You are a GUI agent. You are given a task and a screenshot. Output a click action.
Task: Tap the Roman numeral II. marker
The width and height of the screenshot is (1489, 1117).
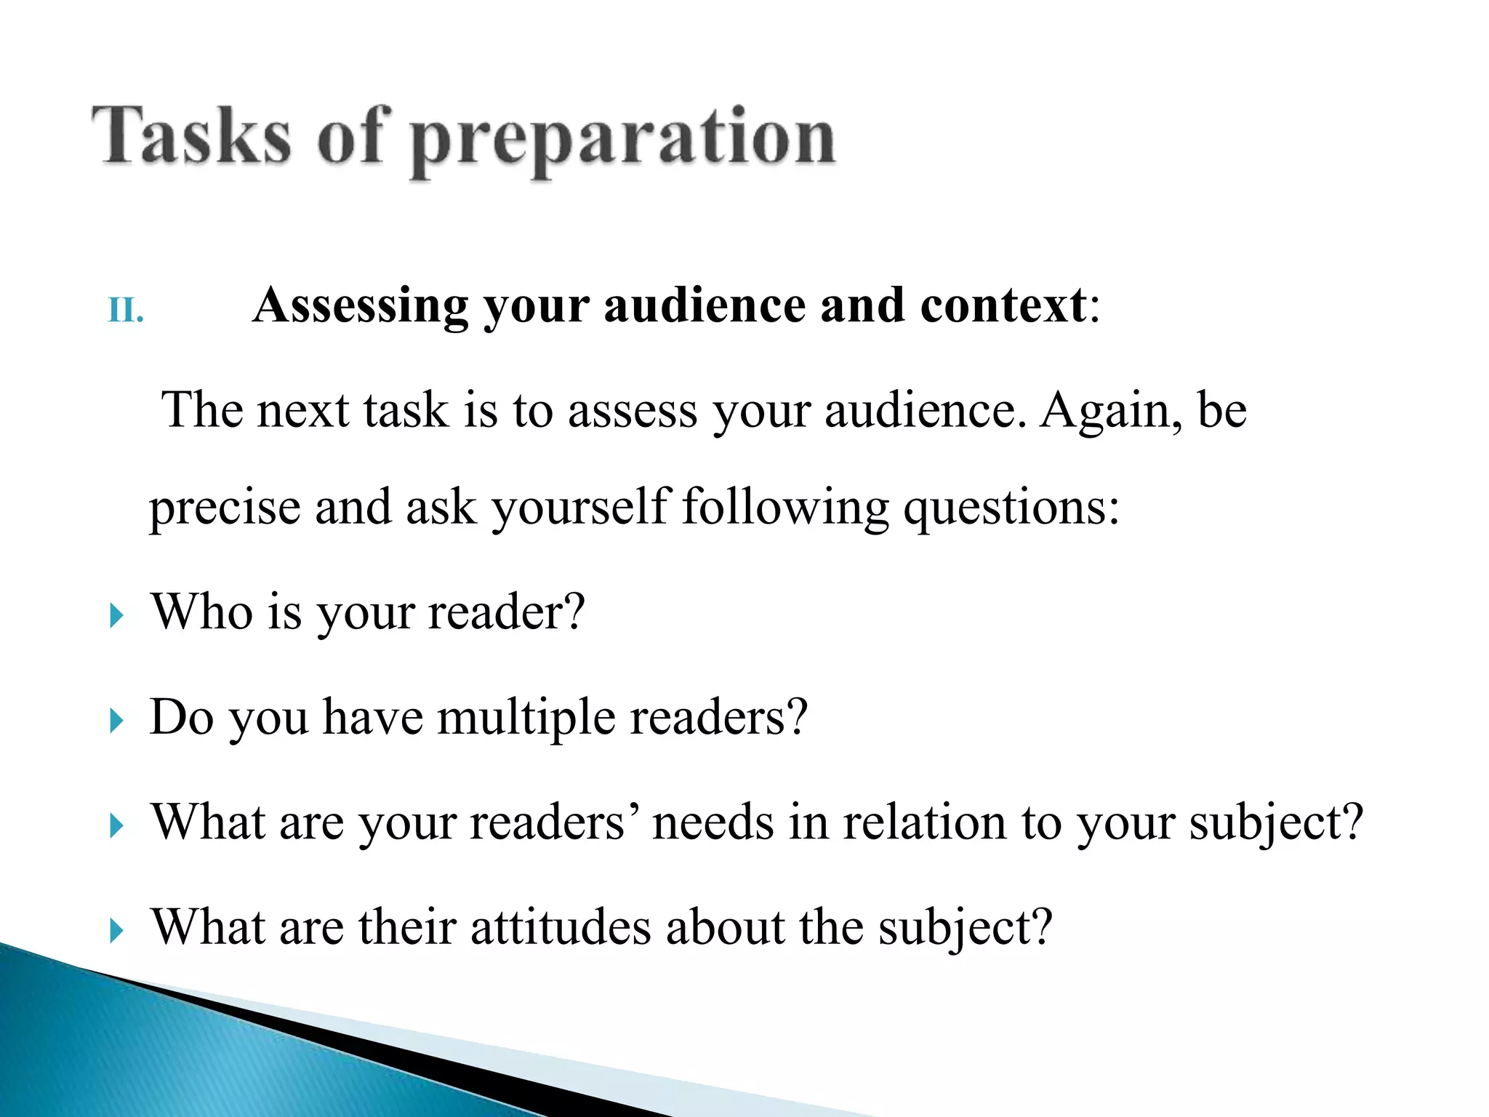click(x=126, y=311)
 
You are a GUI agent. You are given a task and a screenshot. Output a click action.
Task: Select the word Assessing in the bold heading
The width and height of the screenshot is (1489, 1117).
click(x=360, y=305)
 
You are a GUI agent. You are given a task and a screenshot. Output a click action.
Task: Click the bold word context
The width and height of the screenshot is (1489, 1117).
click(x=1003, y=305)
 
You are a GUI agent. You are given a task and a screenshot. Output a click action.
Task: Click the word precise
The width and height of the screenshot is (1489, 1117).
click(x=225, y=508)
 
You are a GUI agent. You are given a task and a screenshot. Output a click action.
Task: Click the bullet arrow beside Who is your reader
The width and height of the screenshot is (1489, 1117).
click(x=116, y=617)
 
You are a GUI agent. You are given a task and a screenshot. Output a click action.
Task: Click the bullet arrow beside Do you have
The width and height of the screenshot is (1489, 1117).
click(x=116, y=721)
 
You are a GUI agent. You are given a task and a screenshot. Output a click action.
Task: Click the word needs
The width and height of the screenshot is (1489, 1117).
click(x=713, y=822)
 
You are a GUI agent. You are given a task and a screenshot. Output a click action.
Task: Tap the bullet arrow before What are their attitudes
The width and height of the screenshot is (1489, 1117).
click(x=116, y=931)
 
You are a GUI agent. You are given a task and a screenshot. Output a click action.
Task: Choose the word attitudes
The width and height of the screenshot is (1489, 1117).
click(x=560, y=928)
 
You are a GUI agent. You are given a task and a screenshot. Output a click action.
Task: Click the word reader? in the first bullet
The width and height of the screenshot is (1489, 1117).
click(x=506, y=612)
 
